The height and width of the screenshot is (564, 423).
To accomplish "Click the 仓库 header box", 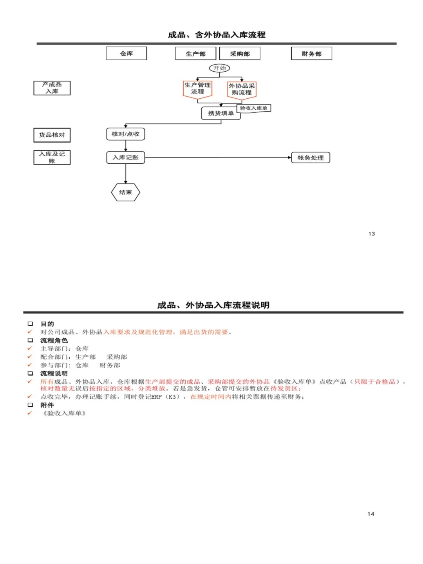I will pos(127,53).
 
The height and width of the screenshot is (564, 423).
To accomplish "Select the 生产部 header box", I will pos(195,54).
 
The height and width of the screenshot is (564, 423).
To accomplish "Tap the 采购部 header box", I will pos(240,54).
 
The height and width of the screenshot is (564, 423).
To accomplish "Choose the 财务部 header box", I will pos(311,54).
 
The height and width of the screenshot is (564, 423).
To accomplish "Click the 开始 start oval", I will pos(219,68).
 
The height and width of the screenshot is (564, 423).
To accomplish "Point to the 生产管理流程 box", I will pos(197,89).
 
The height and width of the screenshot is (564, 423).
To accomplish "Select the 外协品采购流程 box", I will pos(242,89).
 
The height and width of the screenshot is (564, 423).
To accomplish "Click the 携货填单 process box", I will pos(221,113).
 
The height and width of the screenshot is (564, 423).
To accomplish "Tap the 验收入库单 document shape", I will pos(254,108).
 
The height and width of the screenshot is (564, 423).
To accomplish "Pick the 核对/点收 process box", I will pos(125,134).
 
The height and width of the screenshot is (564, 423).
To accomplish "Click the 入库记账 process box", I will pos(126,157).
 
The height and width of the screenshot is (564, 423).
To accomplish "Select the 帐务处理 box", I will pos(311,158).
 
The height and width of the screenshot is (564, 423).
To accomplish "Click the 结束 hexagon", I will pos(125,192).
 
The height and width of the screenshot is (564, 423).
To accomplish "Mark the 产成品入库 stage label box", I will pos(52,88).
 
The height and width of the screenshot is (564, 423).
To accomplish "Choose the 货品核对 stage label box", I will pos(52,135).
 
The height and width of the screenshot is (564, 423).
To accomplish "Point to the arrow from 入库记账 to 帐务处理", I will pos(218,157).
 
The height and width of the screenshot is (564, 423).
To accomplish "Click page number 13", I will pos(372,234).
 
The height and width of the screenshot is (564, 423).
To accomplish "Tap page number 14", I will pos(371,514).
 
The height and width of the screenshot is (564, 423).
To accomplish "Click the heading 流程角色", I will pos(54,340).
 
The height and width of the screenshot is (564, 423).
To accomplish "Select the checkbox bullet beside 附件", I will pos(30,405).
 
